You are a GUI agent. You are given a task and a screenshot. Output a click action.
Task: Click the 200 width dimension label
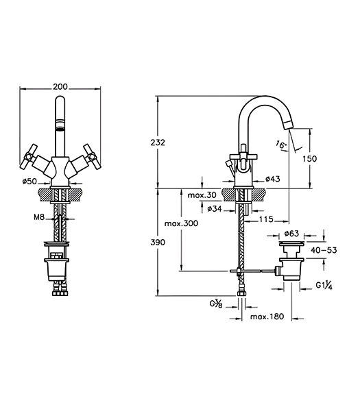tap(60, 86)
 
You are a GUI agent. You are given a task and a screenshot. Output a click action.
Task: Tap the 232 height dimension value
tap(158, 143)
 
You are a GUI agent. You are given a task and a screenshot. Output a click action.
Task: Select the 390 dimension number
tap(158, 243)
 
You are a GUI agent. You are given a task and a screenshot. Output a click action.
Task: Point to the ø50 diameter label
tap(30, 181)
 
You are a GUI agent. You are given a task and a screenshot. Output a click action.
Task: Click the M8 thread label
tap(39, 216)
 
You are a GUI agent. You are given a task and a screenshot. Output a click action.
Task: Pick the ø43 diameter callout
tap(273, 179)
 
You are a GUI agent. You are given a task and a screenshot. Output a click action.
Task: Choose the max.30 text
tap(202, 195)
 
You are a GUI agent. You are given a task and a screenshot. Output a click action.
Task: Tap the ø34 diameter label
tap(215, 208)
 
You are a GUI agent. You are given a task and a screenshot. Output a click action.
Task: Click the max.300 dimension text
tap(181, 223)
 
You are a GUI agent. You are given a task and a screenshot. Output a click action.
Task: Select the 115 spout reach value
tap(266, 219)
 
